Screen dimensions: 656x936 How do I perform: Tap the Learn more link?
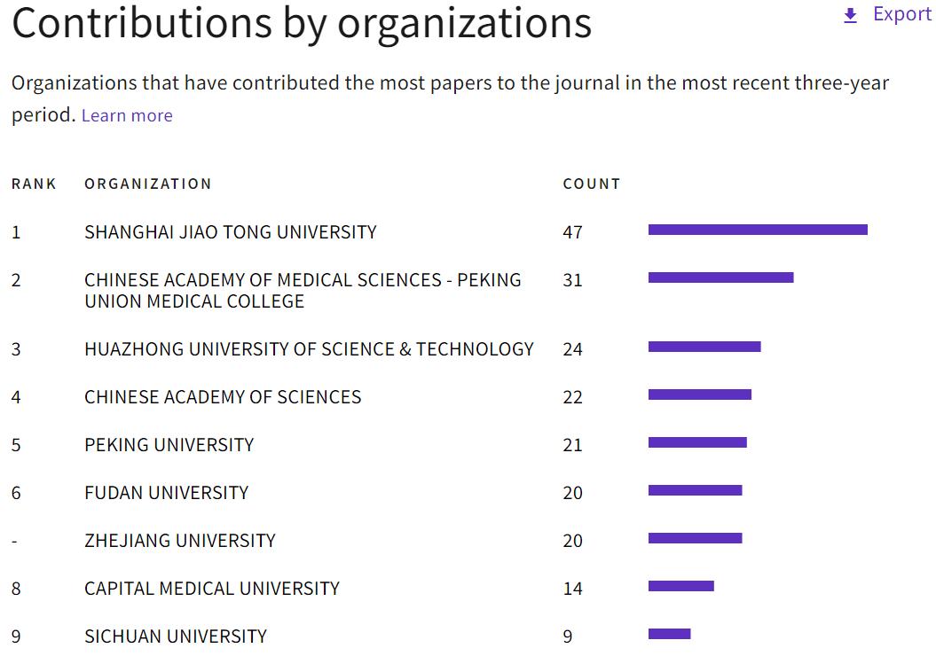127,116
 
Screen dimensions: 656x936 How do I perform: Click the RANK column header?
34,184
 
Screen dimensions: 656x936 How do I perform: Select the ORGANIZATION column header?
148,184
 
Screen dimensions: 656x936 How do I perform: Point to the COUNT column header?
591,184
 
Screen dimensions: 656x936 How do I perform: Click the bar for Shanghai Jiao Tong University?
758,230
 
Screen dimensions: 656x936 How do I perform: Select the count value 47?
572,232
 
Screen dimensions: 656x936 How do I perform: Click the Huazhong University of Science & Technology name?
309,349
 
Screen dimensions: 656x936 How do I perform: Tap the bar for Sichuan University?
669,634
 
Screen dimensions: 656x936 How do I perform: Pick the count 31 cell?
572,280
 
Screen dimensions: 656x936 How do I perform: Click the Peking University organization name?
169,445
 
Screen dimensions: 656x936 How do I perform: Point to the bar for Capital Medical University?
680,586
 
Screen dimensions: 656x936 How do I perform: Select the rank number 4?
16,397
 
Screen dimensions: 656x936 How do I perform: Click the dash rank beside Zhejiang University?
15,542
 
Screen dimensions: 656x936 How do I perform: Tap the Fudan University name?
166,493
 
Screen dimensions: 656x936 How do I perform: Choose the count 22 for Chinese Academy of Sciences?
572,397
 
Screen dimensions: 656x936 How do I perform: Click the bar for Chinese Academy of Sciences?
699,394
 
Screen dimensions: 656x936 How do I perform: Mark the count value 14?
572,589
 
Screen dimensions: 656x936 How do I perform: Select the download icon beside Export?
850,16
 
